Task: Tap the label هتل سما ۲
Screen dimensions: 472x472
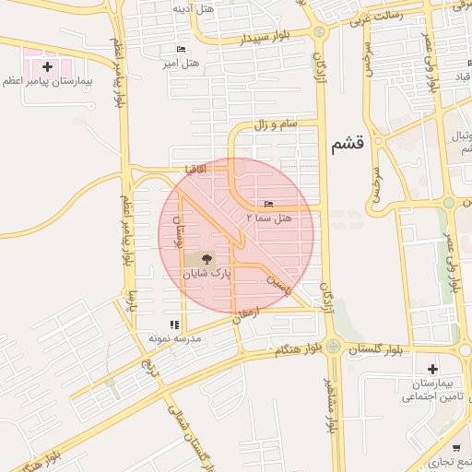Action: point(268,218)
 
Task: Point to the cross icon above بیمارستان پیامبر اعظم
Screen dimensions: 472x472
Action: point(47,66)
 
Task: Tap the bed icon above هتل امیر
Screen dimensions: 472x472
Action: point(180,49)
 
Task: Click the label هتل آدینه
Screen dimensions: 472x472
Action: point(194,8)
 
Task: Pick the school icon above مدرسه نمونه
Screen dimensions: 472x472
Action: point(174,324)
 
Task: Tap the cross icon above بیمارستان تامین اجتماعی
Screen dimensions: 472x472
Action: point(432,369)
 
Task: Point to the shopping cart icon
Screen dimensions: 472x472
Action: point(455,448)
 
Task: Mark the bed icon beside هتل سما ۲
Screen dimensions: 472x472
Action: point(268,204)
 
